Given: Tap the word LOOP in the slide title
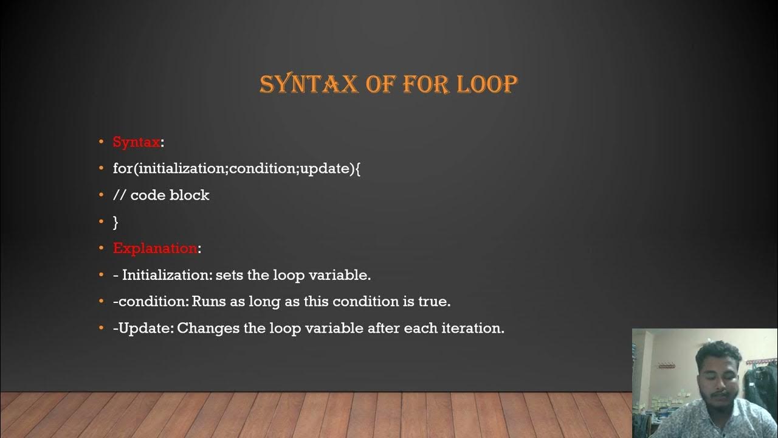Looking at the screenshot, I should point(486,85).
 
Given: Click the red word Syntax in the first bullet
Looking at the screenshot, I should point(136,142).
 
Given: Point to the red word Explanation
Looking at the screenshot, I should point(155,248).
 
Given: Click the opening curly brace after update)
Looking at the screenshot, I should point(357,169).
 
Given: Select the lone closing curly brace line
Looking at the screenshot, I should point(115,222).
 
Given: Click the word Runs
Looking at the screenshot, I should point(209,302).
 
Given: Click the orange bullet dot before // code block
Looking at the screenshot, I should point(102,195).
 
